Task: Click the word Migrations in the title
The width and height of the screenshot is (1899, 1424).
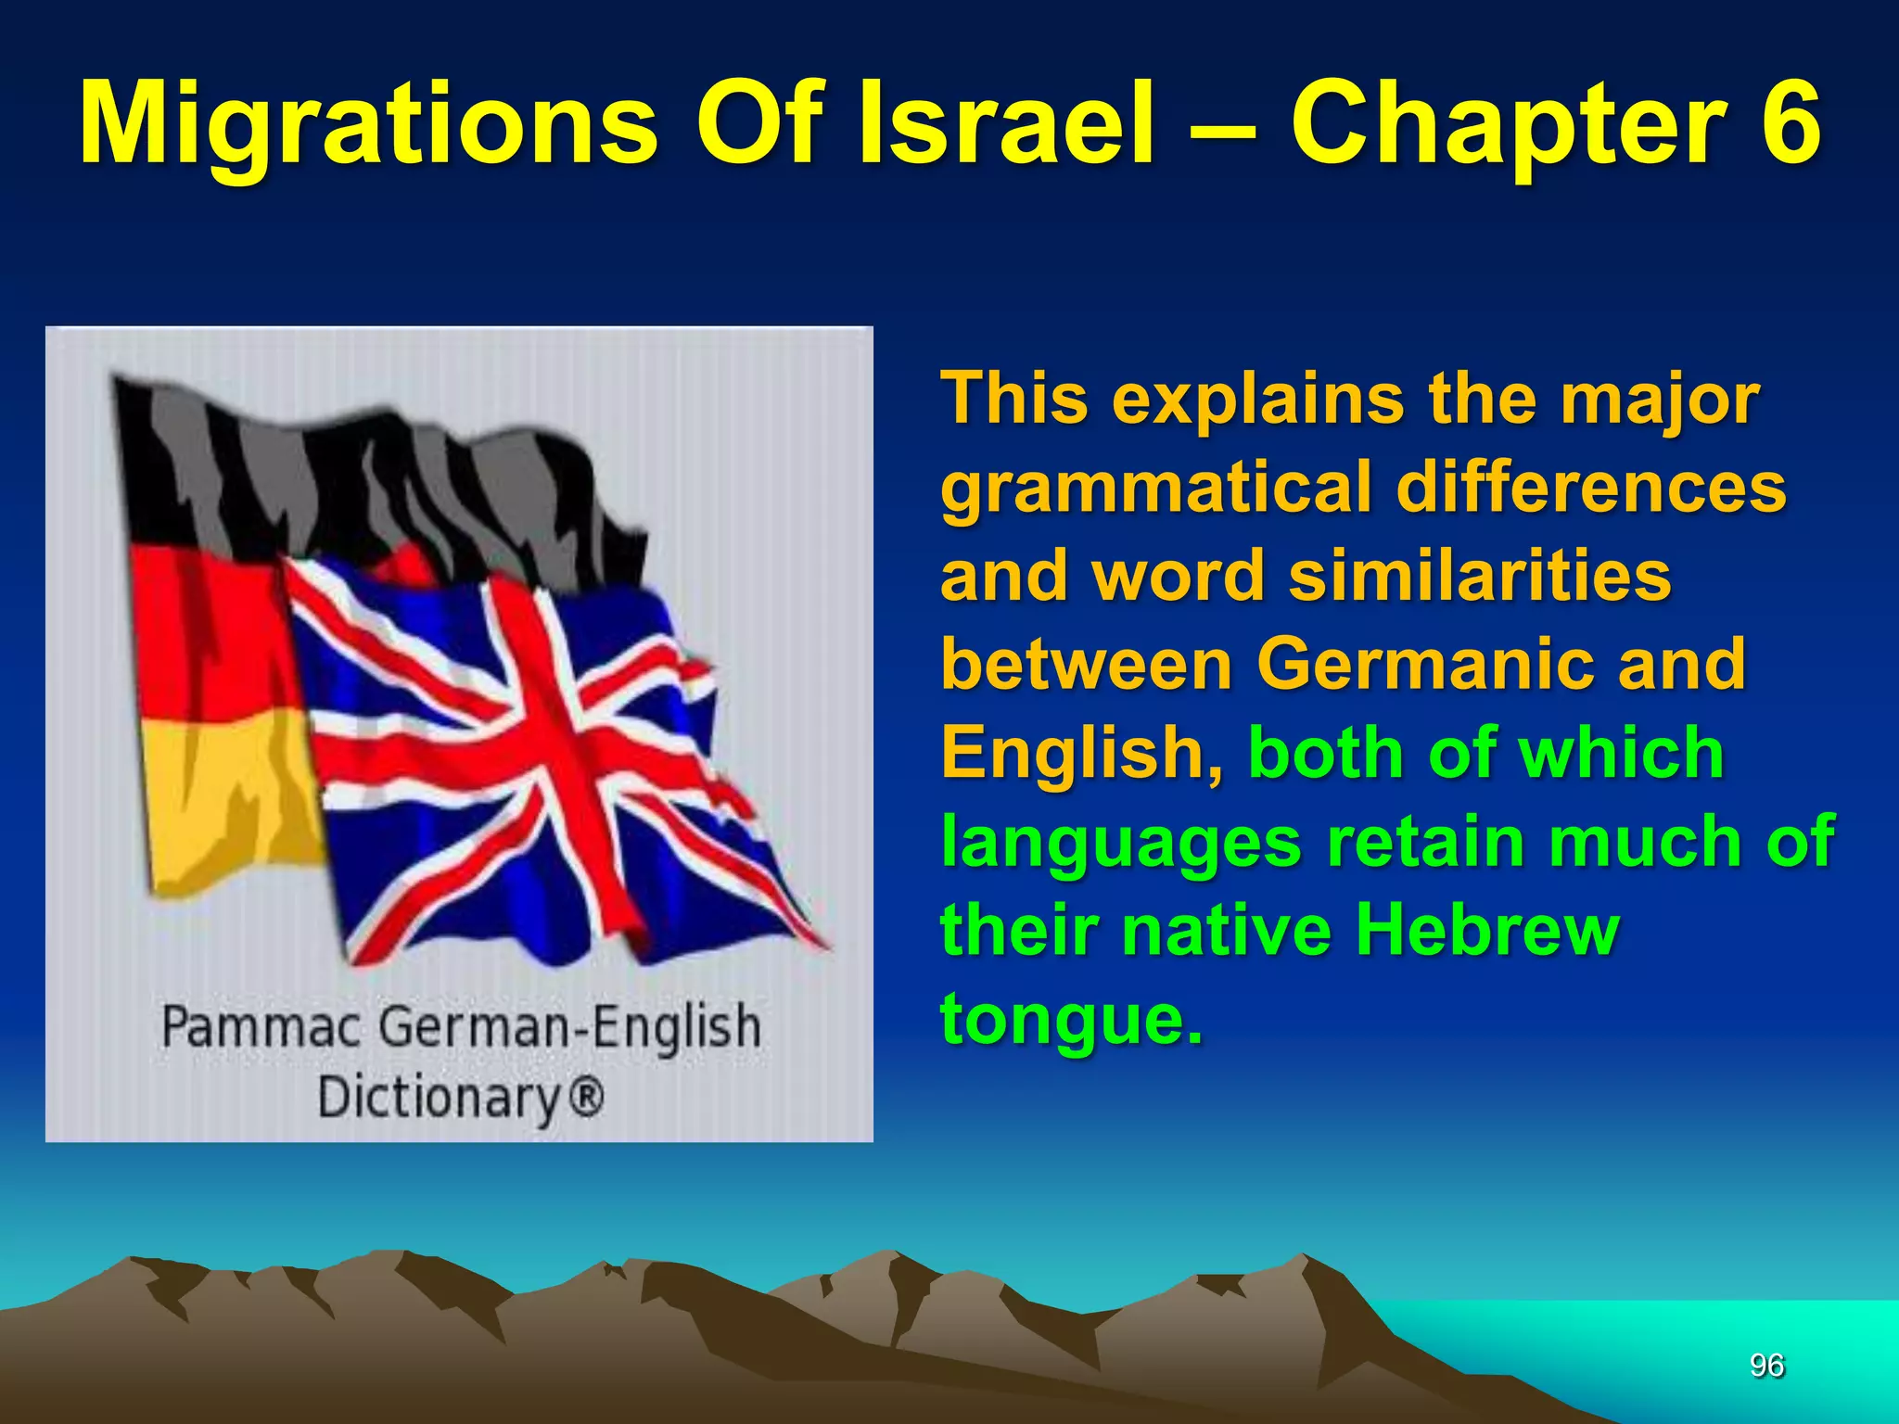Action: click(368, 125)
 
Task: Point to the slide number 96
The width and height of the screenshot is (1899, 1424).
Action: click(1766, 1365)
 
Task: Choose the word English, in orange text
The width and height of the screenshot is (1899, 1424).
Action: click(1081, 753)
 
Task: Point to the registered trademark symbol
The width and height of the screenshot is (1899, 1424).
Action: click(585, 1097)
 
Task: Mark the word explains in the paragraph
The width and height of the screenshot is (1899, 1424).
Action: click(1257, 399)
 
